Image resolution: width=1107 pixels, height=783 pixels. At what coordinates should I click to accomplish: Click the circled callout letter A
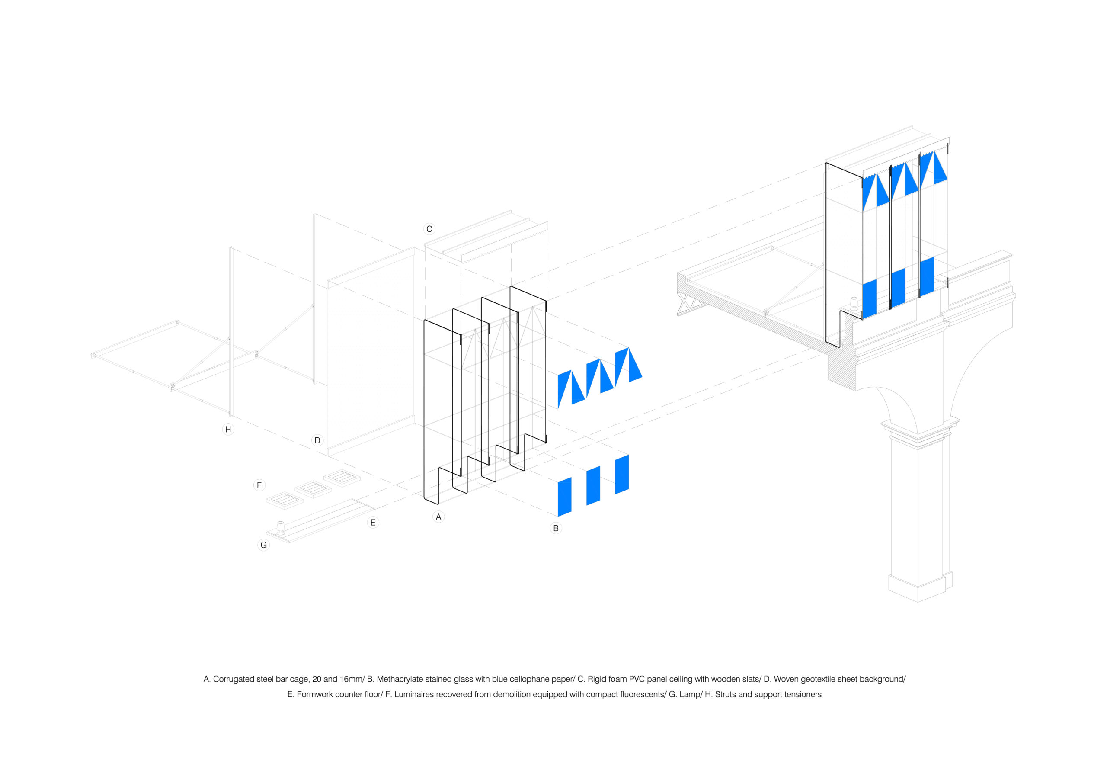pyautogui.click(x=438, y=517)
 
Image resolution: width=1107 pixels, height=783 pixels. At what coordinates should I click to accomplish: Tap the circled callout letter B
pyautogui.click(x=556, y=528)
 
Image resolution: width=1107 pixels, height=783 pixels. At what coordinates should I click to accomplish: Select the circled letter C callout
pyautogui.click(x=429, y=229)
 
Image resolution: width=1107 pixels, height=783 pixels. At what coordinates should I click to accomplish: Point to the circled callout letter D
pyautogui.click(x=317, y=440)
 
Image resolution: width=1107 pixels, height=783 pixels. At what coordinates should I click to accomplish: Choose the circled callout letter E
pyautogui.click(x=373, y=523)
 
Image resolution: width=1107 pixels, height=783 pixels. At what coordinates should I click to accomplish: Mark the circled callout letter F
pyautogui.click(x=259, y=485)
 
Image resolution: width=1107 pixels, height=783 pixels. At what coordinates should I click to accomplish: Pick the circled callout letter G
pyautogui.click(x=264, y=545)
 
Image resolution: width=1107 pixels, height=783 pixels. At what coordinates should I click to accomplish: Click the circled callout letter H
pyautogui.click(x=228, y=430)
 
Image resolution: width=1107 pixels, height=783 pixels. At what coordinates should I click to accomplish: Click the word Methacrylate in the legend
pyautogui.click(x=400, y=679)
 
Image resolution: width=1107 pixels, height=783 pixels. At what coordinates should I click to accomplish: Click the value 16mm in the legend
pyautogui.click(x=351, y=679)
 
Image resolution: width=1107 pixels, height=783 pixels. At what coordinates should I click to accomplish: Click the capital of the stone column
pyautogui.click(x=919, y=432)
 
